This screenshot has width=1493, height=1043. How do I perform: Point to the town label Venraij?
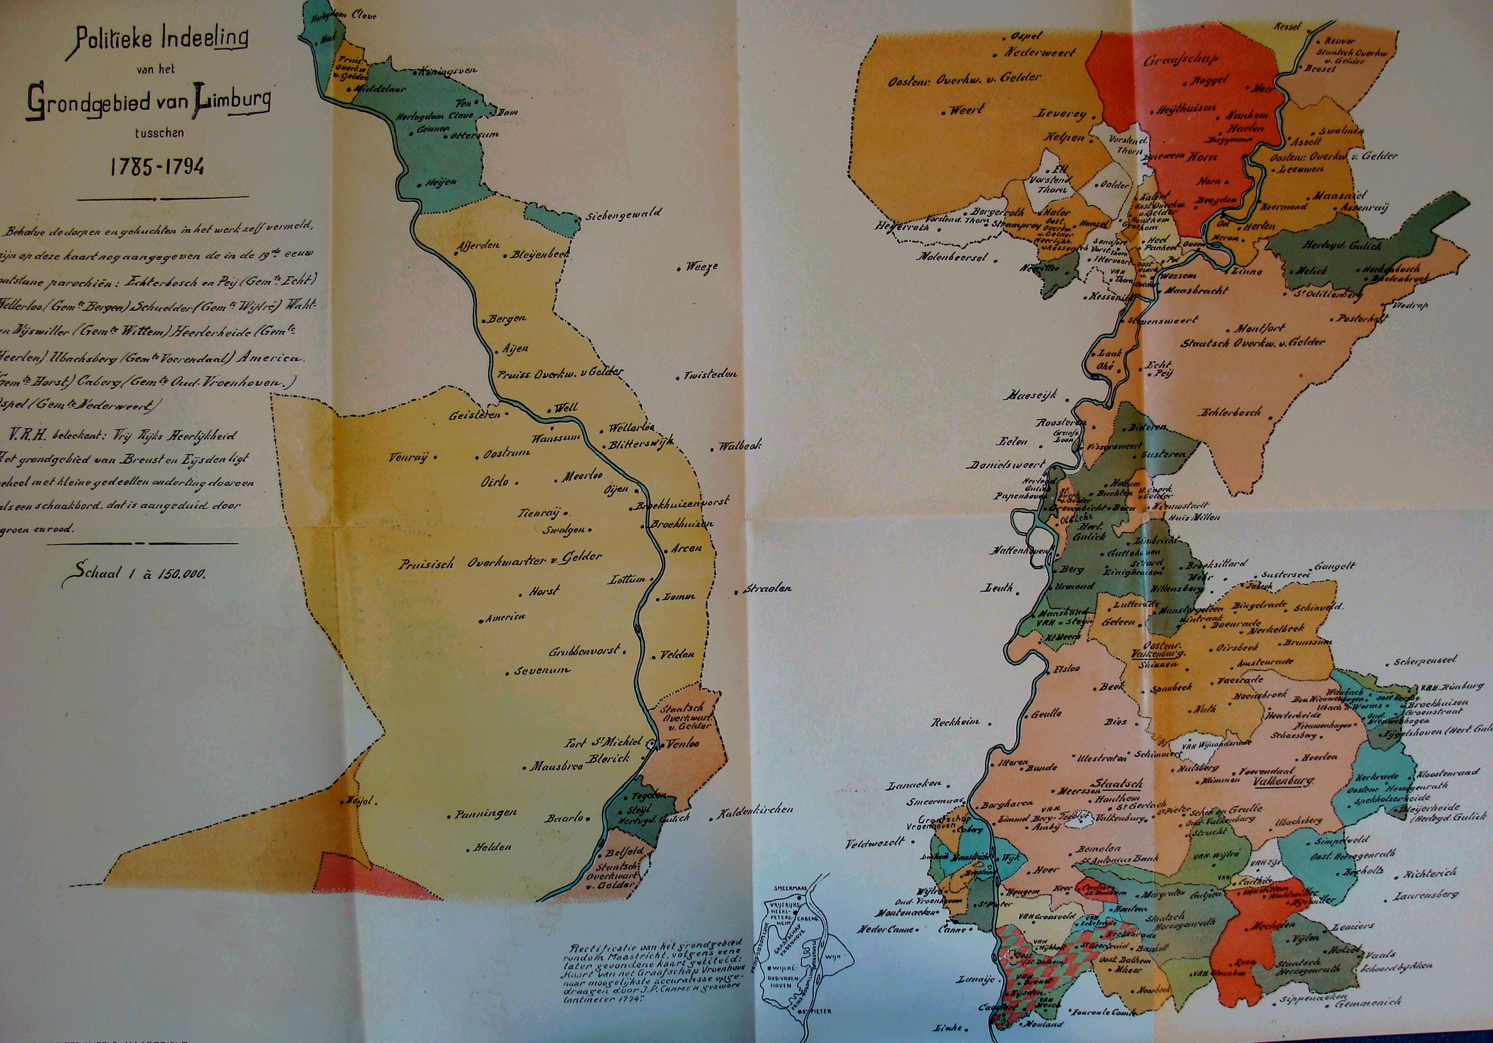click(409, 457)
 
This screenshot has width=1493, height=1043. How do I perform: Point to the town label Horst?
click(543, 592)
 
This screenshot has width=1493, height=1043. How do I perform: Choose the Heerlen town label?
click(1319, 758)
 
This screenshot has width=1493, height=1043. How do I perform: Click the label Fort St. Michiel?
click(604, 742)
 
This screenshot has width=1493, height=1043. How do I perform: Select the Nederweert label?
click(1040, 53)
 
